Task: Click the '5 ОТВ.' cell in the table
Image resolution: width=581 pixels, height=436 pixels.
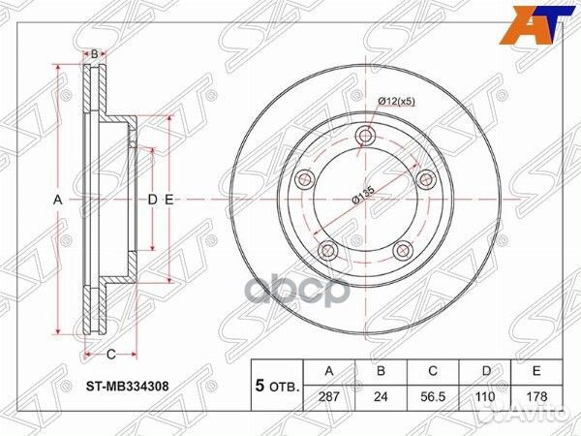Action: (277, 385)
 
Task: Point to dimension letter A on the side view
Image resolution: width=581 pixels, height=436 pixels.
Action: (57, 199)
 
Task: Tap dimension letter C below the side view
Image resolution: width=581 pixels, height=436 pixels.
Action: (110, 353)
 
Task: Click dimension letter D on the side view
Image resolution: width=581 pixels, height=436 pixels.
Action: (152, 199)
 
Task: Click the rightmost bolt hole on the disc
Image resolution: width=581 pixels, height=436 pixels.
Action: (424, 176)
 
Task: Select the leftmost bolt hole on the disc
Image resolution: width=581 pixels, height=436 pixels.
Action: (303, 177)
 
